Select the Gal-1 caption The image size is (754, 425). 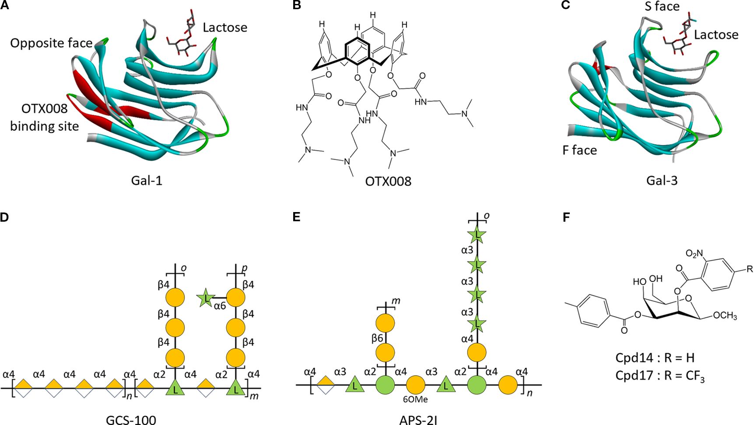[x=147, y=180]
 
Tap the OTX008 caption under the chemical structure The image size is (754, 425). [x=388, y=181]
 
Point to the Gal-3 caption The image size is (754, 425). [x=662, y=180]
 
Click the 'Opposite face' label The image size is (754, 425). [x=51, y=43]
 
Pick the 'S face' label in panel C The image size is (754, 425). [x=662, y=6]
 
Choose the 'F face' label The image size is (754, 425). [x=579, y=150]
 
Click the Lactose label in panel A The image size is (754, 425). [x=225, y=28]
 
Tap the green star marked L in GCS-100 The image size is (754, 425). [x=205, y=298]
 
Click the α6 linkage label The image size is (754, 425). [x=220, y=306]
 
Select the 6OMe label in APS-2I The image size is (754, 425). [x=416, y=399]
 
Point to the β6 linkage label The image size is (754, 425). [x=378, y=338]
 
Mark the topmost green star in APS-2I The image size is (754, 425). [x=477, y=236]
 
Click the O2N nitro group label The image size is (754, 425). [x=694, y=253]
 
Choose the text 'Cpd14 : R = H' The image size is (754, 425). [x=655, y=358]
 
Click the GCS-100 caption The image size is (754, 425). [x=131, y=420]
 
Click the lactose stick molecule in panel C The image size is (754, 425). [x=680, y=37]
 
